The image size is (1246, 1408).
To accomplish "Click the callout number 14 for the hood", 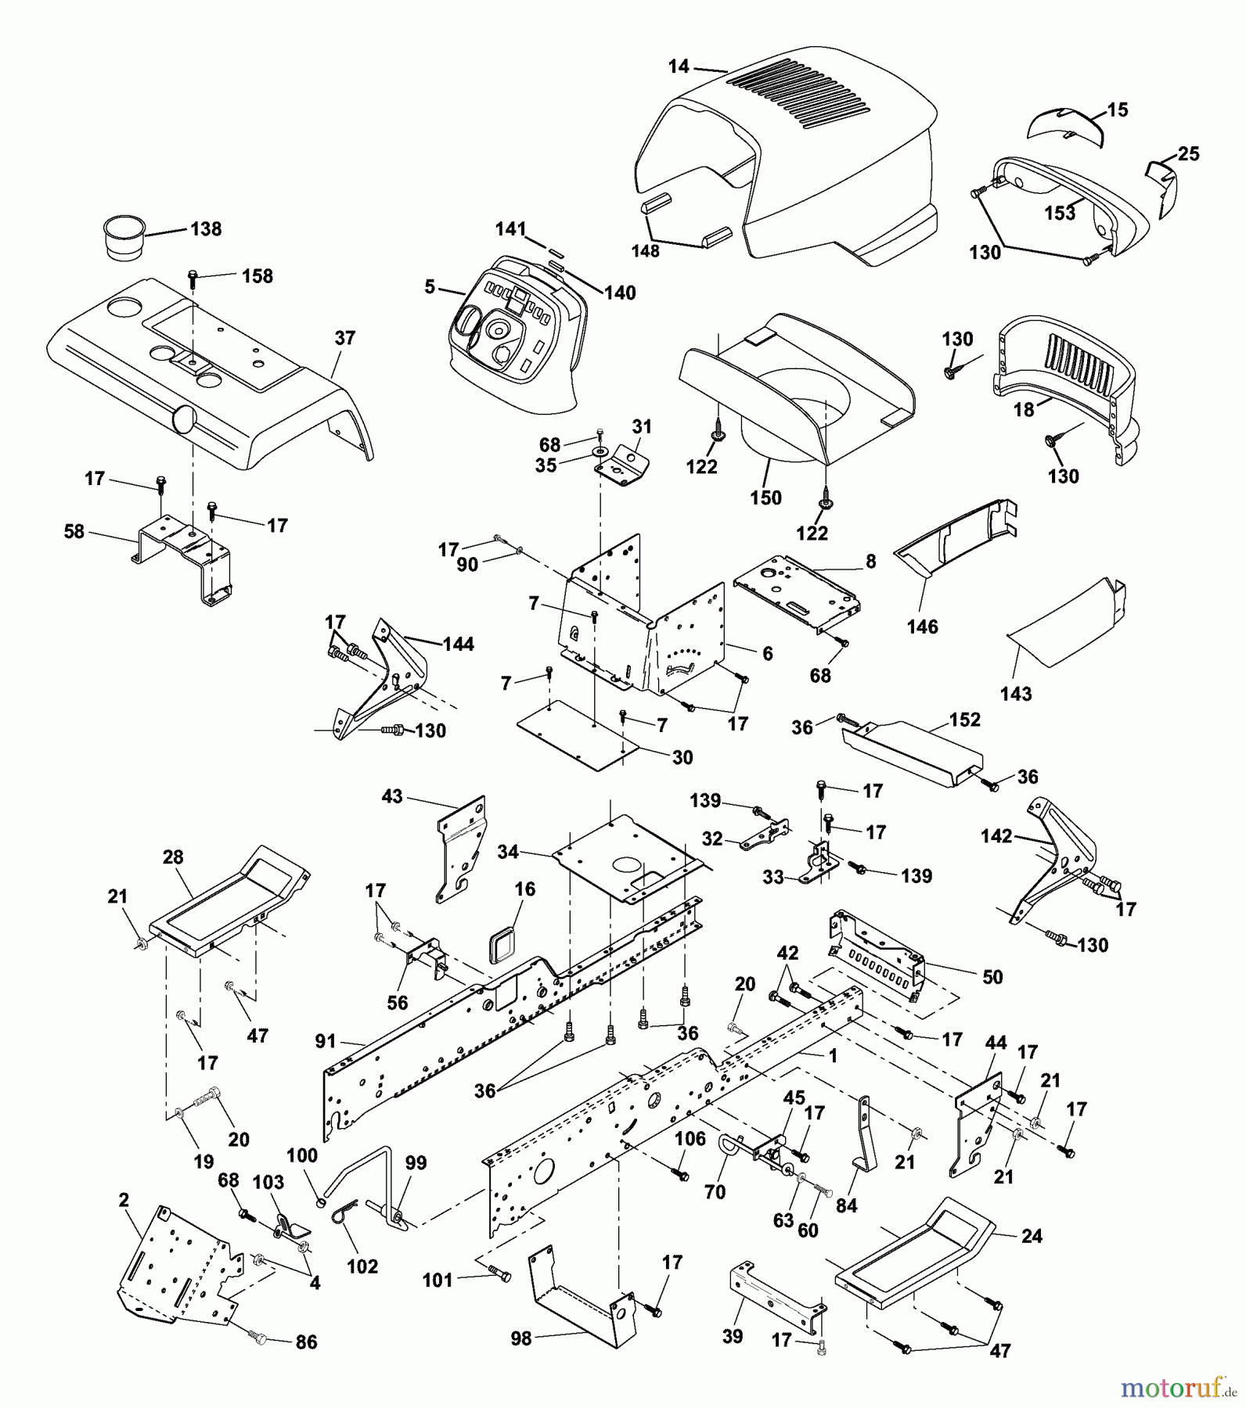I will pyautogui.click(x=678, y=67).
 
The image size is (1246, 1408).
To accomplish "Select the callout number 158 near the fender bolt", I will pyautogui.click(x=257, y=276).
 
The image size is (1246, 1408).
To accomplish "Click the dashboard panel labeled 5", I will pyautogui.click(x=509, y=344).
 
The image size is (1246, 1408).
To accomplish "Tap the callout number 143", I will pyautogui.click(x=1016, y=694).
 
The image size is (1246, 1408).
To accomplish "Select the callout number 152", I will pyautogui.click(x=964, y=719).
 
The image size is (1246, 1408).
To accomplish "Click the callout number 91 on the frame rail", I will pyautogui.click(x=325, y=1041).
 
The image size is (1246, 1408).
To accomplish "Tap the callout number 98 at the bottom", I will pyautogui.click(x=520, y=1338).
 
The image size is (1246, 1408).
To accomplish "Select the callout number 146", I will pyautogui.click(x=922, y=627).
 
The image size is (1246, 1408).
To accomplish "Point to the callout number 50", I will pyautogui.click(x=992, y=977).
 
